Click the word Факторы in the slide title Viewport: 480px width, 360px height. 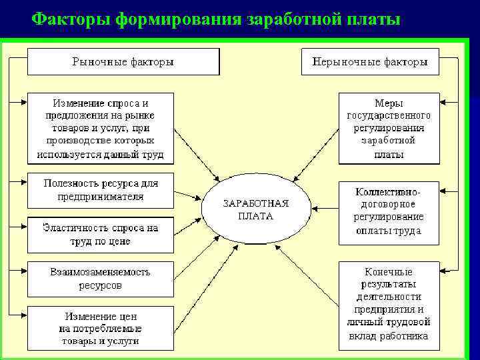(x=71, y=18)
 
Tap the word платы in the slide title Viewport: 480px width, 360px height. (x=368, y=18)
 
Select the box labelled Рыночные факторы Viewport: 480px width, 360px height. (x=123, y=61)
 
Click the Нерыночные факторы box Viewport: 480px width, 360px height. (x=371, y=61)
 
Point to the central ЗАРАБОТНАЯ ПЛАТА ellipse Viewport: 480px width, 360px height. (x=257, y=209)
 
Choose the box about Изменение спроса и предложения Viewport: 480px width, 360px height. (x=100, y=128)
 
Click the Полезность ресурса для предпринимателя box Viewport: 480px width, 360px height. (x=100, y=190)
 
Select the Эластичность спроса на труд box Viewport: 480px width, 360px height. (x=100, y=235)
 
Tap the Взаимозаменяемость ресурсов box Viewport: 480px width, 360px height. (x=100, y=279)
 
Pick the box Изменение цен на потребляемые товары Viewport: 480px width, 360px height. (x=100, y=327)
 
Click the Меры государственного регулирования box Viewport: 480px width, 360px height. (x=389, y=128)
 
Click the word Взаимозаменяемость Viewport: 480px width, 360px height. (x=100, y=272)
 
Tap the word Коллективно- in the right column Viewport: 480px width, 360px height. (x=389, y=191)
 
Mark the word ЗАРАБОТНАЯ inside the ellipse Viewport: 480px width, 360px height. (x=256, y=203)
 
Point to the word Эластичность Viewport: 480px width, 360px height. (x=73, y=228)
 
